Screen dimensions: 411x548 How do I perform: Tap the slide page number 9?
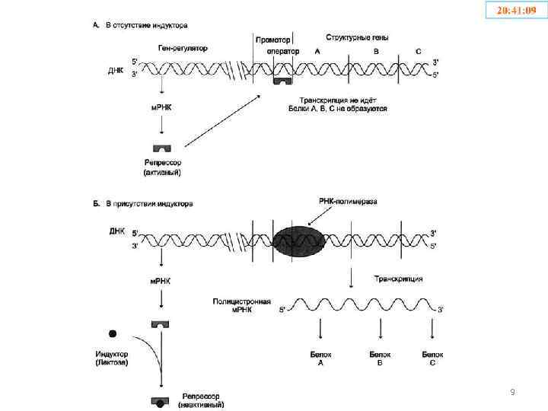[512, 392]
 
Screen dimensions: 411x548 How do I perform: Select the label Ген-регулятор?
[183, 48]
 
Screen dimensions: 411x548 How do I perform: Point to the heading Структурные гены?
[358, 37]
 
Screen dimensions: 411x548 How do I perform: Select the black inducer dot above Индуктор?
[113, 333]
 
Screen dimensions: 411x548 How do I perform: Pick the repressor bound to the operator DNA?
[283, 80]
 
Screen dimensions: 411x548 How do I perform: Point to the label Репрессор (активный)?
[162, 167]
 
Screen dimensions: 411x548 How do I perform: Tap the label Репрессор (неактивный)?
[201, 400]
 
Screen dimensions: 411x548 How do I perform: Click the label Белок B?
[379, 358]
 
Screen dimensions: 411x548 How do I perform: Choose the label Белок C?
[432, 358]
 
